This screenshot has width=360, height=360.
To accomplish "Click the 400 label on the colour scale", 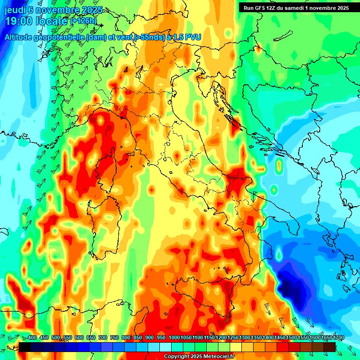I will click(x=32, y=337).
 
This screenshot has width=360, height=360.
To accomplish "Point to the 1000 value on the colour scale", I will click(x=174, y=337).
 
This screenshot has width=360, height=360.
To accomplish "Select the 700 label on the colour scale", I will click(x=103, y=337).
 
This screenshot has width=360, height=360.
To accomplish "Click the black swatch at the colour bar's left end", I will click(x=25, y=347).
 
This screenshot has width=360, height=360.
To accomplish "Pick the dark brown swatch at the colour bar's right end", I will click(x=330, y=347).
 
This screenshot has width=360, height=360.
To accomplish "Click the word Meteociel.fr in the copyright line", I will click(x=223, y=357).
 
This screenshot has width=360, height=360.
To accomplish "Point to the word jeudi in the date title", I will click(x=15, y=9).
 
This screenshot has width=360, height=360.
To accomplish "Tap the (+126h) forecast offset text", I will click(x=83, y=21).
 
